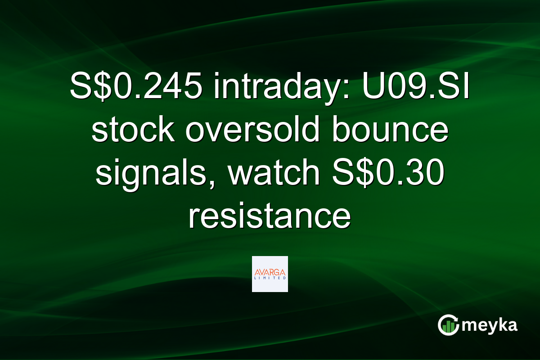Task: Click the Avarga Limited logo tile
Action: pos(270,274)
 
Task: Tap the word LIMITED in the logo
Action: pos(270,279)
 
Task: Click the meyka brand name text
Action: pos(490,325)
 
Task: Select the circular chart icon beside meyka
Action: pos(448,325)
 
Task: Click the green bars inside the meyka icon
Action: pos(448,328)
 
